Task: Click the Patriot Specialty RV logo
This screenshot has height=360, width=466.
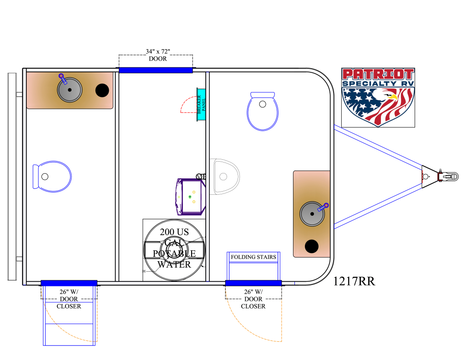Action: coord(378,97)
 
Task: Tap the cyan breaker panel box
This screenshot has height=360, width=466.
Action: coord(201,104)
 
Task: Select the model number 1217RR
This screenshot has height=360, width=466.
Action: coord(354,281)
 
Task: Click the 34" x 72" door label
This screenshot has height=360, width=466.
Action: coord(158,55)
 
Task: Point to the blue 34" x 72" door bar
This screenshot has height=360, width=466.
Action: coord(156,70)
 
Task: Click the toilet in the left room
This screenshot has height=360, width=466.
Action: coord(52,177)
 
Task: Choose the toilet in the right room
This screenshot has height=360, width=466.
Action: coord(263,111)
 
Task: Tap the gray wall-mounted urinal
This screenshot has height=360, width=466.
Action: coord(225,177)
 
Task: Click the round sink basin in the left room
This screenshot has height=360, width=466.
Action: coord(70,90)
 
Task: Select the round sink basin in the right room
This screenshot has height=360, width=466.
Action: coord(312,214)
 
